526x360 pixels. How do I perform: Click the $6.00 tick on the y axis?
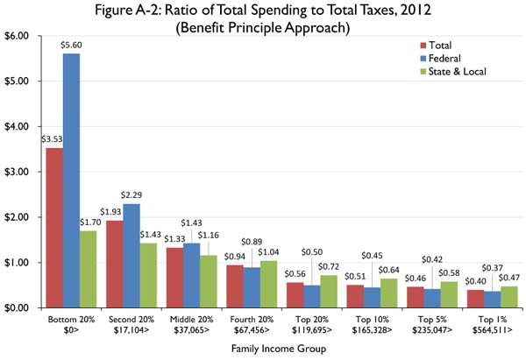pyautogui.click(x=18, y=37)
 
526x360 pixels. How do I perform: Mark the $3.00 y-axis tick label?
pyautogui.click(x=18, y=173)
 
